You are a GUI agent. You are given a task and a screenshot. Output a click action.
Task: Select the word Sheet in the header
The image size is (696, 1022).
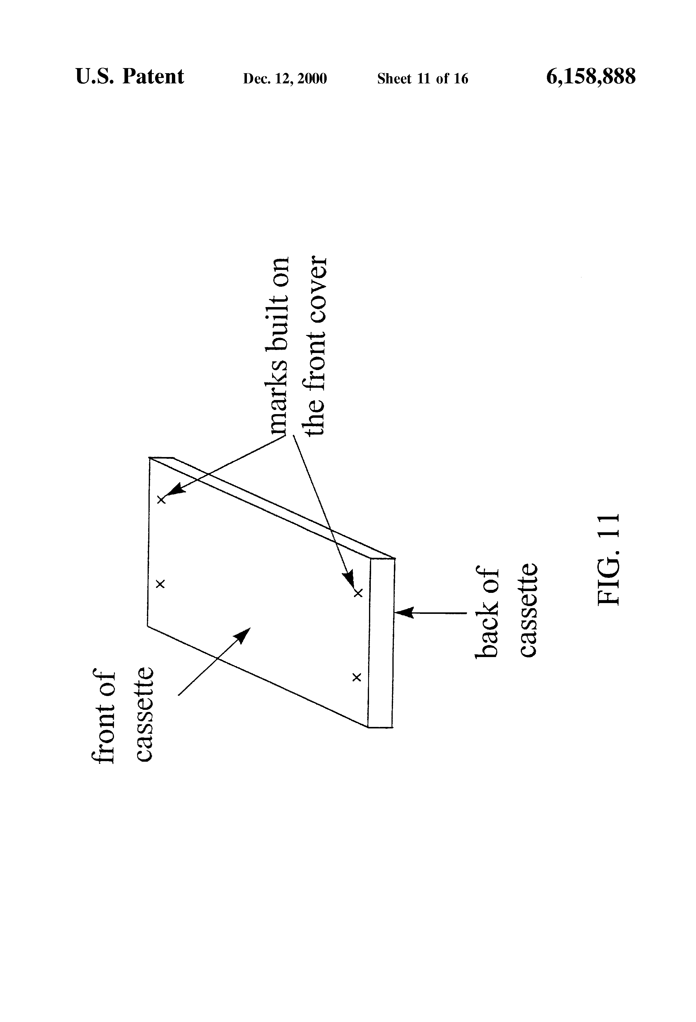click(x=394, y=79)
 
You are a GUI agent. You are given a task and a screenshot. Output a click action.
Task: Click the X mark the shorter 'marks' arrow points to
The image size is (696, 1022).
click(x=161, y=500)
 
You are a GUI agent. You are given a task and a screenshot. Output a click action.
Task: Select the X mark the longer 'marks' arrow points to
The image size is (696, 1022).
click(x=358, y=593)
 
